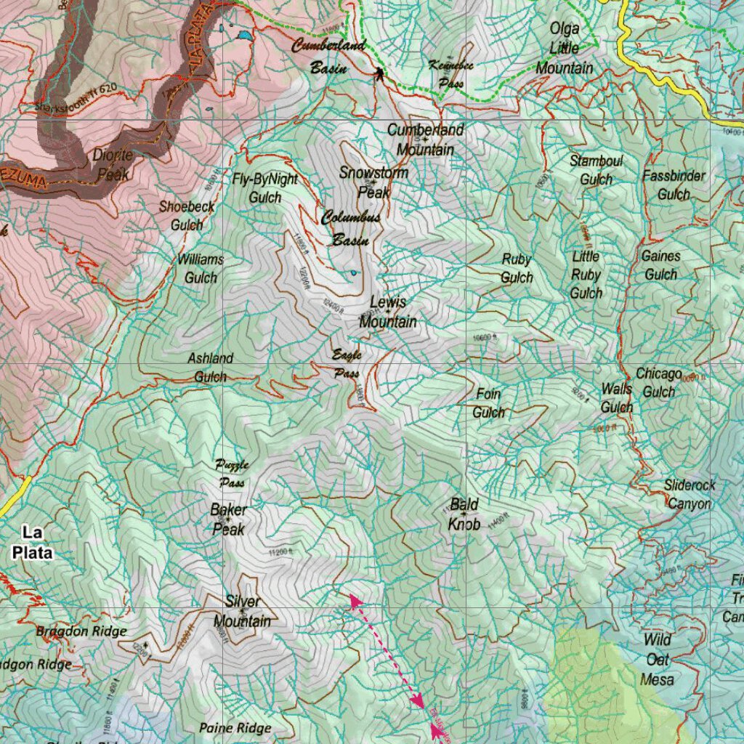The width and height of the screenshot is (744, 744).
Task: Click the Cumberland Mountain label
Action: pyautogui.click(x=425, y=139)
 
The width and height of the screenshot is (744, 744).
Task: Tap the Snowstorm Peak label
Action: pyautogui.click(x=373, y=182)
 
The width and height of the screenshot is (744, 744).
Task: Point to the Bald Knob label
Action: pyautogui.click(x=464, y=514)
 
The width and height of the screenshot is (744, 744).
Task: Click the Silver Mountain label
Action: pyautogui.click(x=242, y=611)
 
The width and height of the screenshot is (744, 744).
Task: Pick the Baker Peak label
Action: pyautogui.click(x=228, y=519)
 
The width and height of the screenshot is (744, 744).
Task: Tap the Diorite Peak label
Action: pyautogui.click(x=110, y=164)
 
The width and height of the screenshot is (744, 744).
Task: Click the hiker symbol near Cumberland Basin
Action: pyautogui.click(x=379, y=73)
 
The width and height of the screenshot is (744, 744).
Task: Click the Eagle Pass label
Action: pyautogui.click(x=347, y=364)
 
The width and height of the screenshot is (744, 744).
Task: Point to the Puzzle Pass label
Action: pyautogui.click(x=232, y=473)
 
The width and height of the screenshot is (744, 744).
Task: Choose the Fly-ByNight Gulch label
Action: pyautogui.click(x=264, y=187)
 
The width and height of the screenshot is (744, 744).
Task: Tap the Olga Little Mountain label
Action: pyautogui.click(x=565, y=49)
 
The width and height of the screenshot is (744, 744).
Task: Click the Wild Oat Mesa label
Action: pyautogui.click(x=658, y=660)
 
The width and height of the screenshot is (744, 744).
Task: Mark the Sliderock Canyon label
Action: pyautogui.click(x=690, y=494)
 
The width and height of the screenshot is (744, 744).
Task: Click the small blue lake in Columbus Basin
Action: pyautogui.click(x=353, y=273)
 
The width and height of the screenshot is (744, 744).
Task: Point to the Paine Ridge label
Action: pyautogui.click(x=235, y=727)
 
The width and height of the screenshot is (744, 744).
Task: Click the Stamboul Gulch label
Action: pyautogui.click(x=596, y=169)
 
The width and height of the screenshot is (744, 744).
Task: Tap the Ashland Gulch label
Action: pyautogui.click(x=210, y=367)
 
